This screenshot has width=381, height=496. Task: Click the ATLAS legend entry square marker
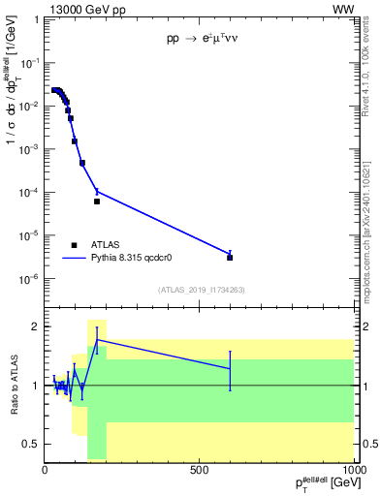point(74,245)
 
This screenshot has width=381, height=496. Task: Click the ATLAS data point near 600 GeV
point(230,258)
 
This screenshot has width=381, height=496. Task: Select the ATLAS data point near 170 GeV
point(97,201)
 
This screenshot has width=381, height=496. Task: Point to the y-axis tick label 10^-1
point(30,62)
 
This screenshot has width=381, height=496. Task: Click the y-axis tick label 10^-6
point(30,279)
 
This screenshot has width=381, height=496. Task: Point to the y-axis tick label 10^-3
point(30,149)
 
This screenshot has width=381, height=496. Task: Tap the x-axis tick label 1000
point(351,470)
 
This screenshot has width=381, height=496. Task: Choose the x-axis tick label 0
point(45,470)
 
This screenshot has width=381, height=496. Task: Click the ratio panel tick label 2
point(36,326)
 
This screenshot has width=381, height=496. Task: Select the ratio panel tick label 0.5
point(32,444)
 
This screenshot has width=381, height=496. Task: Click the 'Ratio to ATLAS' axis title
point(13,385)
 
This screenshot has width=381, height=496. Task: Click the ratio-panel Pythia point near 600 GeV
point(230,369)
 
